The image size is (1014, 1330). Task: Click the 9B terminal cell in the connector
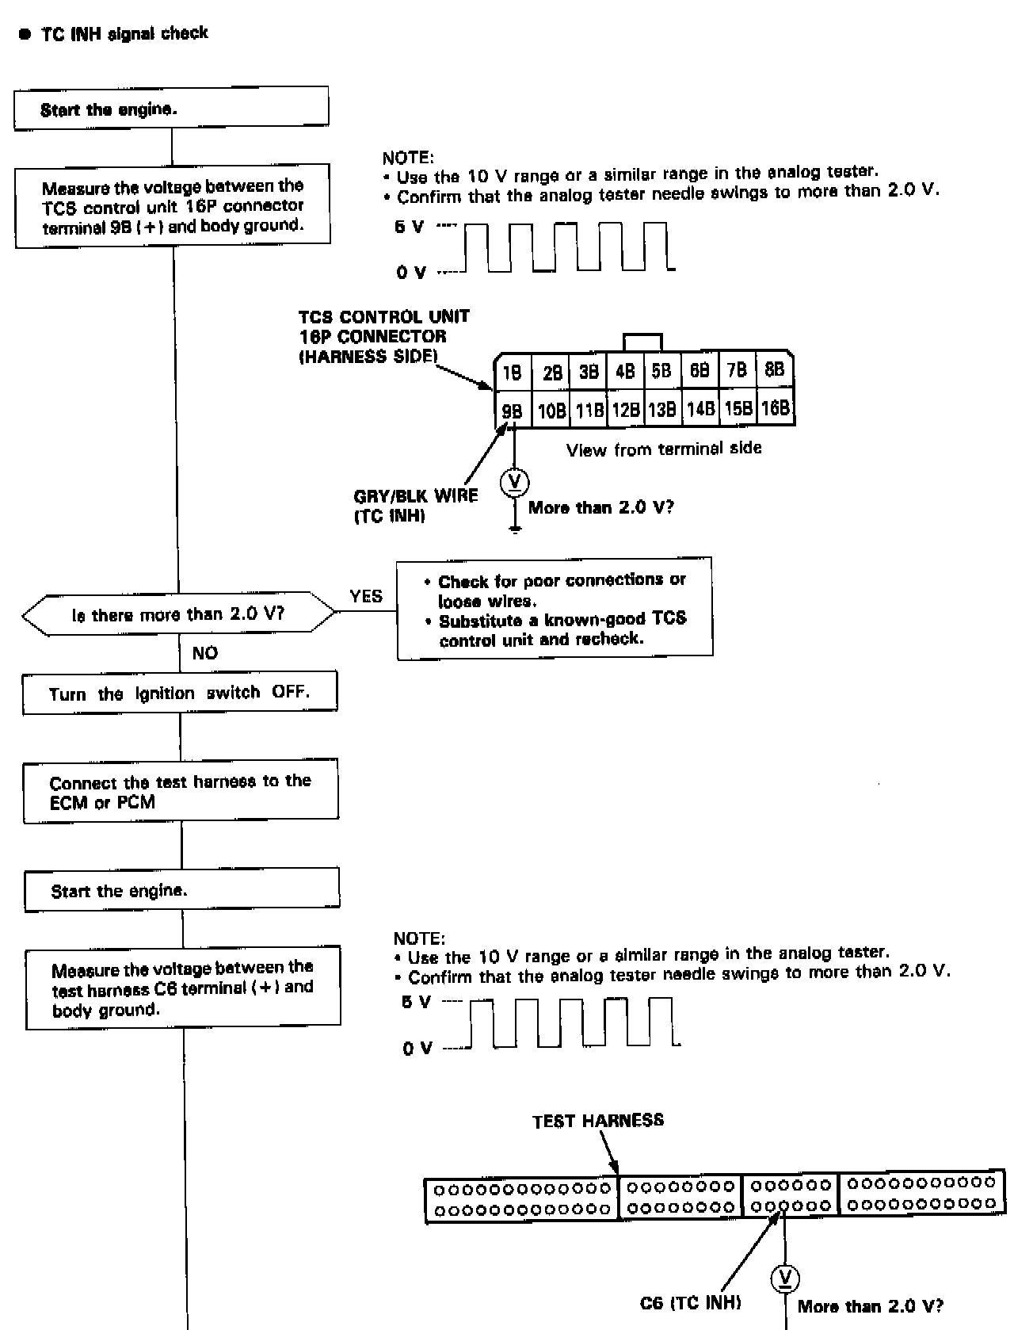tap(513, 410)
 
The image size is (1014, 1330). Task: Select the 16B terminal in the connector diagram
tap(776, 408)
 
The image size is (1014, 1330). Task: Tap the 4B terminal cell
tap(625, 371)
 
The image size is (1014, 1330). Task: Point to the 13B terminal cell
tap(661, 409)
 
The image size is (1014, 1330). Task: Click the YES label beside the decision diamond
tap(366, 596)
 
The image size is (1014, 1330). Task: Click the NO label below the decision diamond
tap(204, 653)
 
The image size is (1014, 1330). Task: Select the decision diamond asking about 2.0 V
tap(178, 614)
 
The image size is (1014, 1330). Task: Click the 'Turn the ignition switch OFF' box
tap(179, 693)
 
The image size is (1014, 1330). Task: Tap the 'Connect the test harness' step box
tap(181, 791)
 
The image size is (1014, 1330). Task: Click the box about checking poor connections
tap(555, 608)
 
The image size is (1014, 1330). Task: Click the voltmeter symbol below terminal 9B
tap(515, 482)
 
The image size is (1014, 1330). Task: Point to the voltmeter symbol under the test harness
tap(785, 1278)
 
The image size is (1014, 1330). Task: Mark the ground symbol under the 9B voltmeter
tap(515, 528)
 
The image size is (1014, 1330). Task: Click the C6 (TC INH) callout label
tap(690, 1302)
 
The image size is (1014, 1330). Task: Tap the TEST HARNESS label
tap(598, 1121)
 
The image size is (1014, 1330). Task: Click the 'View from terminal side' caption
tap(664, 449)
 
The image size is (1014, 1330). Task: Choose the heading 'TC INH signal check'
tap(124, 33)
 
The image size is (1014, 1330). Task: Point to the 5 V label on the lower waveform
tap(416, 1002)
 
